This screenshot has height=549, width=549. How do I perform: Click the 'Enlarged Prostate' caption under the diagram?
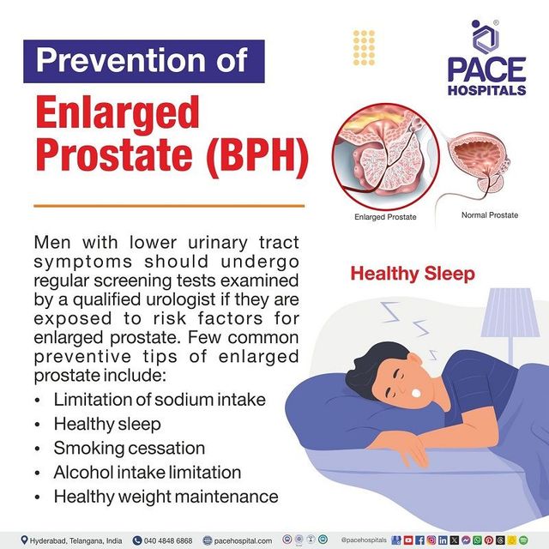point(385,217)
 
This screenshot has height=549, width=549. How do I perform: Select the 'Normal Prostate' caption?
point(489,214)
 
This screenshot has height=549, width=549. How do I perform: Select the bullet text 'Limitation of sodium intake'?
point(160,400)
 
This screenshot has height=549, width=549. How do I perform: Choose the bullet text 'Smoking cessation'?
point(129,448)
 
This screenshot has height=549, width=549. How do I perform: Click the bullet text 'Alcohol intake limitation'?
point(147,472)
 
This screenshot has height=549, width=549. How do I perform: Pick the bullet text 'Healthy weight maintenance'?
point(166,496)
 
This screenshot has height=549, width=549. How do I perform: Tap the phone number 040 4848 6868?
point(188,540)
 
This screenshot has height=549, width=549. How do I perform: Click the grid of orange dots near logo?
point(364,44)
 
